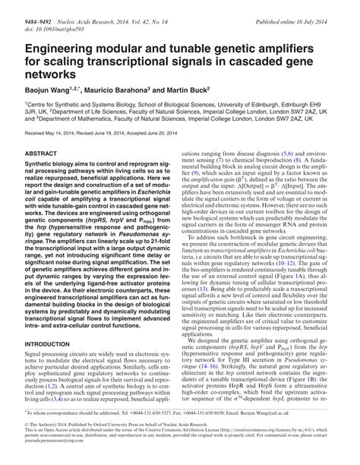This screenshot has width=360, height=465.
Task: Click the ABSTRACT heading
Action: (x=43, y=153)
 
